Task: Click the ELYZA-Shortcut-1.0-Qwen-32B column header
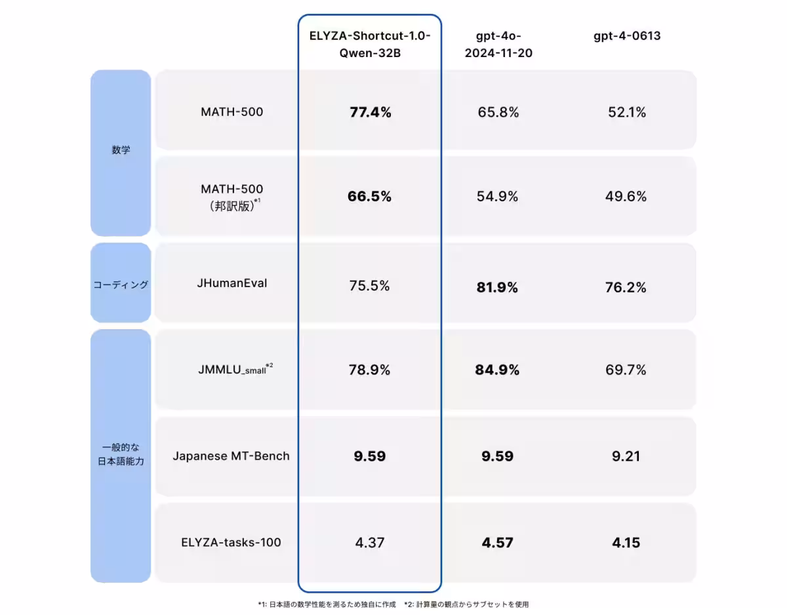pyautogui.click(x=370, y=45)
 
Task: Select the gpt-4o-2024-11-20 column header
pyautogui.click(x=498, y=45)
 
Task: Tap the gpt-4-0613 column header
pyautogui.click(x=626, y=36)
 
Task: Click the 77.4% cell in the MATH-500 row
pyautogui.click(x=370, y=112)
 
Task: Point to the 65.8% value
pyautogui.click(x=498, y=112)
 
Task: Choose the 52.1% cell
pyautogui.click(x=626, y=112)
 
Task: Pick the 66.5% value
pyautogui.click(x=370, y=197)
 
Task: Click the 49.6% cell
pyautogui.click(x=626, y=197)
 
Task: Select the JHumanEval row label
pyautogui.click(x=232, y=284)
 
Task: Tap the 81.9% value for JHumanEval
pyautogui.click(x=498, y=287)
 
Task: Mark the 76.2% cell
pyautogui.click(x=626, y=287)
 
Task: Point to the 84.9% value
pyautogui.click(x=497, y=370)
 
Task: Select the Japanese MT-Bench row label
pyautogui.click(x=231, y=456)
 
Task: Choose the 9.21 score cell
pyautogui.click(x=626, y=456)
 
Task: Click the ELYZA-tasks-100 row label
pyautogui.click(x=232, y=542)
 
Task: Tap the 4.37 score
pyautogui.click(x=369, y=542)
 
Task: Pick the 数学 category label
pyautogui.click(x=121, y=150)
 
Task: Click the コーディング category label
pyautogui.click(x=121, y=285)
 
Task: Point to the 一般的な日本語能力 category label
pyautogui.click(x=121, y=454)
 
